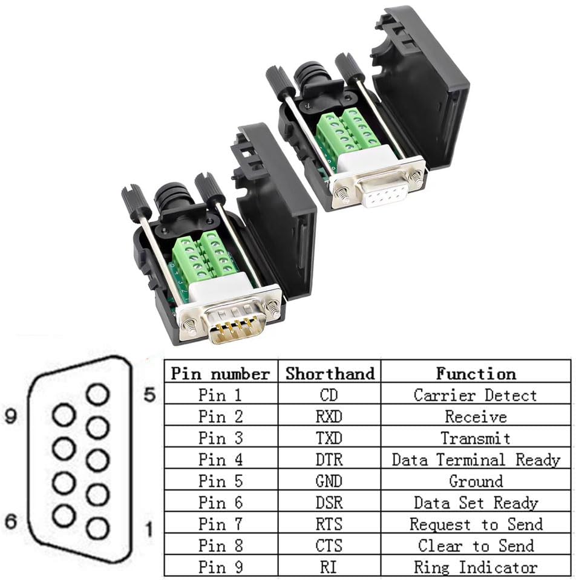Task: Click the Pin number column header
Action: coord(220,373)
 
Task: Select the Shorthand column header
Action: coord(330,373)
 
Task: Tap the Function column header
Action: coord(476,373)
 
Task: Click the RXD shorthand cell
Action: coord(330,417)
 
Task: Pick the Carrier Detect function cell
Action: coord(476,396)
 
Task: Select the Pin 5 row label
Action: coord(220,481)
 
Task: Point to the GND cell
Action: coord(330,481)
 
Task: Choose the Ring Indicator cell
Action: coord(476,567)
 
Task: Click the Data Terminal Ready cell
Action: coord(476,460)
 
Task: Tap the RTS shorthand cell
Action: coord(330,524)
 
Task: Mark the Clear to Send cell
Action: coord(476,546)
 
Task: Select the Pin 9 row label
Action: coord(220,567)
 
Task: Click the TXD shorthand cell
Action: coord(330,438)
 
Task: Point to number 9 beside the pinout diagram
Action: coord(10,417)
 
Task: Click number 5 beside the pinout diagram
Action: coord(150,396)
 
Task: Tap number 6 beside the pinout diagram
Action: coord(10,521)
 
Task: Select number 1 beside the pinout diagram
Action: coord(149,530)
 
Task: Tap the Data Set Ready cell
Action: coord(476,503)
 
